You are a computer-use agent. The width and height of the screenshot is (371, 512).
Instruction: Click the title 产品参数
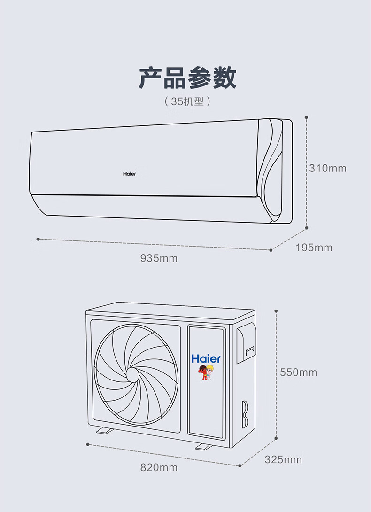(x=187, y=78)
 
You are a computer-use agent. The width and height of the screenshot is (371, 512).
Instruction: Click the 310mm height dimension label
(x=328, y=168)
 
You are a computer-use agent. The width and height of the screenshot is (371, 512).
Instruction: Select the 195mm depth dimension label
(x=314, y=248)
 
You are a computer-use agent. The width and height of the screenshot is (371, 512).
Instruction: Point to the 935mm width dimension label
(x=159, y=258)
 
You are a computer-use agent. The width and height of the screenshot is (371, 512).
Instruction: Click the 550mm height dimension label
(x=299, y=372)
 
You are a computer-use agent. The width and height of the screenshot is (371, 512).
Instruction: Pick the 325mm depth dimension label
(x=283, y=459)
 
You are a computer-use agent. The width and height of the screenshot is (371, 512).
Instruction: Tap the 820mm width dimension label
(x=159, y=468)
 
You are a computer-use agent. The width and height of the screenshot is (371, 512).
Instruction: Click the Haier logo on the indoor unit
(x=129, y=174)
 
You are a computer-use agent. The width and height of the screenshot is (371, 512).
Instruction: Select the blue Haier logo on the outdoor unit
(x=206, y=359)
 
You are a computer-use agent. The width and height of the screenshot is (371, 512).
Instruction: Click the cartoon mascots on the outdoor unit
(x=206, y=372)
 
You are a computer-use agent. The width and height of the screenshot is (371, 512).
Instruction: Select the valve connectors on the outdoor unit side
(x=245, y=413)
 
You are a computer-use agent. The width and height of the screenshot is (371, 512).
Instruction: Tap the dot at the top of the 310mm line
(x=307, y=117)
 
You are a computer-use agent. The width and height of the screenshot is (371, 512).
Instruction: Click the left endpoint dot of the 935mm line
(x=38, y=239)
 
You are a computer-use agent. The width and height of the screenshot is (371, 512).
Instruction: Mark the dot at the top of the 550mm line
(x=276, y=311)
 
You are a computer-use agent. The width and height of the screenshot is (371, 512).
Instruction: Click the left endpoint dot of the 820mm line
(x=88, y=443)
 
